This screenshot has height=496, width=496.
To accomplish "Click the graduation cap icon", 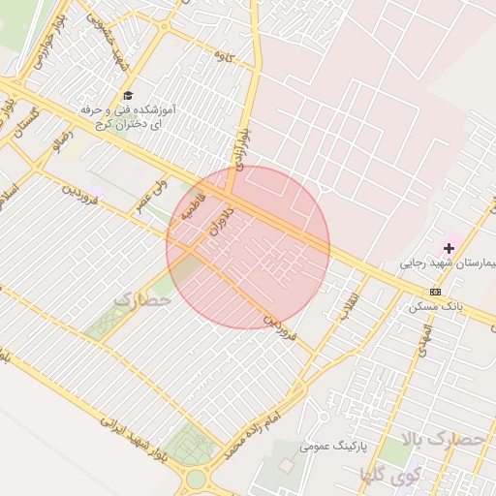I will (128, 95).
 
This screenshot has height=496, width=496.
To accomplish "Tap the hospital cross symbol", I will (449, 249).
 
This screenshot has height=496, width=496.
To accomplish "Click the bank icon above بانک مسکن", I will (436, 292).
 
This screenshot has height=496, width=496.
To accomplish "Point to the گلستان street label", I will (23, 126).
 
